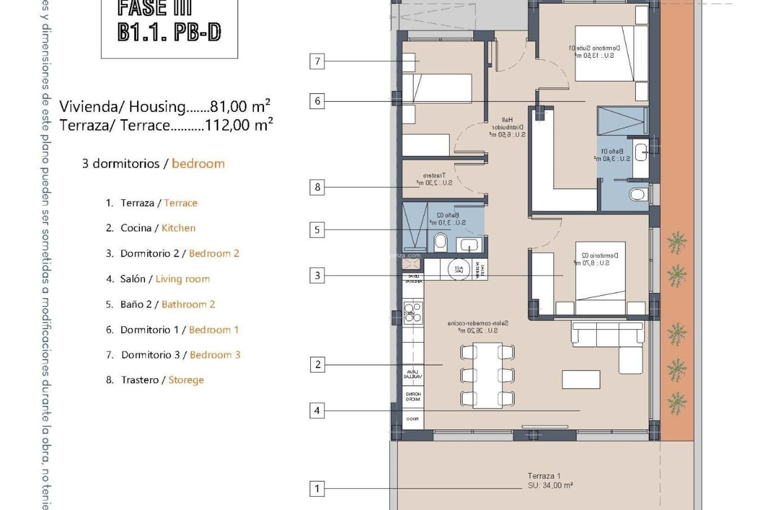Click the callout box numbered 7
[x=317, y=61]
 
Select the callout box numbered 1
[x=317, y=488]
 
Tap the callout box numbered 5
[x=317, y=230]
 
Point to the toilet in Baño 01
[x=637, y=194]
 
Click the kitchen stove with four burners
[x=413, y=312]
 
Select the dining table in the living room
[x=487, y=375]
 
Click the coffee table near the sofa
[x=581, y=379]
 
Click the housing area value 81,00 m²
[x=240, y=106]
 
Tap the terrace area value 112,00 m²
[x=238, y=125]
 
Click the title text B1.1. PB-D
[x=169, y=32]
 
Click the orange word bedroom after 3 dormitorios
[x=198, y=164]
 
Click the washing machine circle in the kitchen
[x=459, y=269]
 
